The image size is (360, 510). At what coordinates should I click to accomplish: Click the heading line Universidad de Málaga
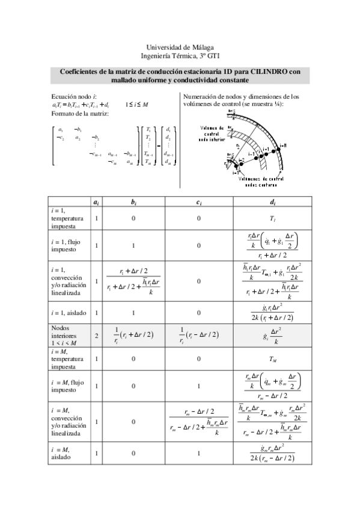pyautogui.click(x=180, y=47)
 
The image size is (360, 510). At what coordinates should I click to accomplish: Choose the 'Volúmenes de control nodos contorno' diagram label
pyautogui.click(x=263, y=182)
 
